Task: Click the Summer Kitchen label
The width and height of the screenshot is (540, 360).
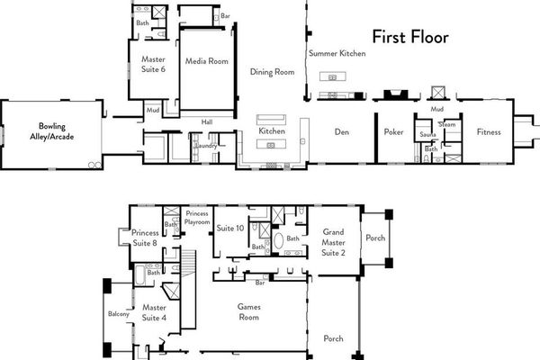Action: [x=337, y=54]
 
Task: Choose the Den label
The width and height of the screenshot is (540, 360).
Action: [x=341, y=132]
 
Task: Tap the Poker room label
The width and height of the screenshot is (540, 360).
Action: [x=392, y=132]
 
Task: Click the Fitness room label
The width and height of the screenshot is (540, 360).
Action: [x=490, y=132]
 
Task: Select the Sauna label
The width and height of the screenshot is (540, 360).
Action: [x=427, y=135]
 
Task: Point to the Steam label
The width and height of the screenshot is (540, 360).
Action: [x=446, y=125]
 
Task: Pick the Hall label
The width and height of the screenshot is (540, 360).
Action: [x=206, y=121]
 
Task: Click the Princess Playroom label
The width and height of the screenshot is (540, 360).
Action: [x=196, y=218]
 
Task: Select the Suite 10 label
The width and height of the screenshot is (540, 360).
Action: [x=231, y=229]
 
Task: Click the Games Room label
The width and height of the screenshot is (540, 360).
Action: [x=248, y=311]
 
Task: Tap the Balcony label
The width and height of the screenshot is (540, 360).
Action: [x=120, y=314]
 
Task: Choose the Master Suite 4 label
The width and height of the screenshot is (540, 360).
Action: [x=154, y=311]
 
